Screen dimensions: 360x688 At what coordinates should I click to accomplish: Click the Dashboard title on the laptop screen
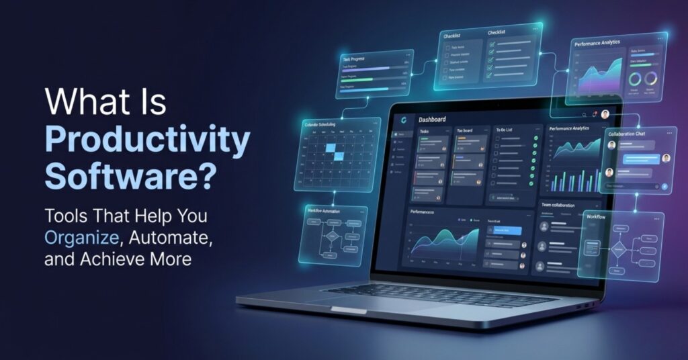point(432,120)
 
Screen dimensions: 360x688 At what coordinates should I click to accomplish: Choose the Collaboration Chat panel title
point(627,134)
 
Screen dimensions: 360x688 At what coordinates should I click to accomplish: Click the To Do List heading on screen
point(505,130)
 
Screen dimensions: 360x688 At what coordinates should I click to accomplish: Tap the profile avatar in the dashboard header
point(605,114)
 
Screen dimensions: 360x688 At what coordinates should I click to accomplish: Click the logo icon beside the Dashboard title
point(403,120)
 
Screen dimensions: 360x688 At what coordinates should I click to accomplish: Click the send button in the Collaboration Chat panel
point(664,185)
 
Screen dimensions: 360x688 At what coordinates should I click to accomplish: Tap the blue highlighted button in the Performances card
point(507,230)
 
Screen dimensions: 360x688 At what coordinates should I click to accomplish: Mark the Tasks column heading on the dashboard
point(425,131)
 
